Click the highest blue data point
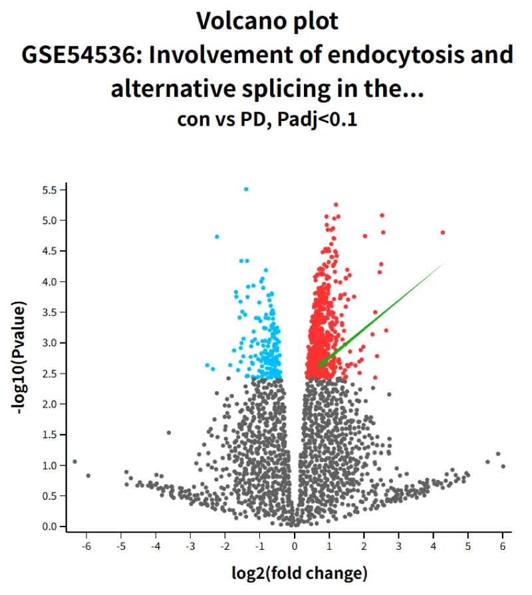point(246,189)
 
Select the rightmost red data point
point(443,233)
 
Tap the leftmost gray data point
point(74,461)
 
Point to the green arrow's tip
point(319,365)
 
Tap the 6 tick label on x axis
point(503,546)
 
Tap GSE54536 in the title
point(79,55)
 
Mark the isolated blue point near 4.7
point(217,237)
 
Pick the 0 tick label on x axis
point(295,546)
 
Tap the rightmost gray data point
point(503,466)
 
